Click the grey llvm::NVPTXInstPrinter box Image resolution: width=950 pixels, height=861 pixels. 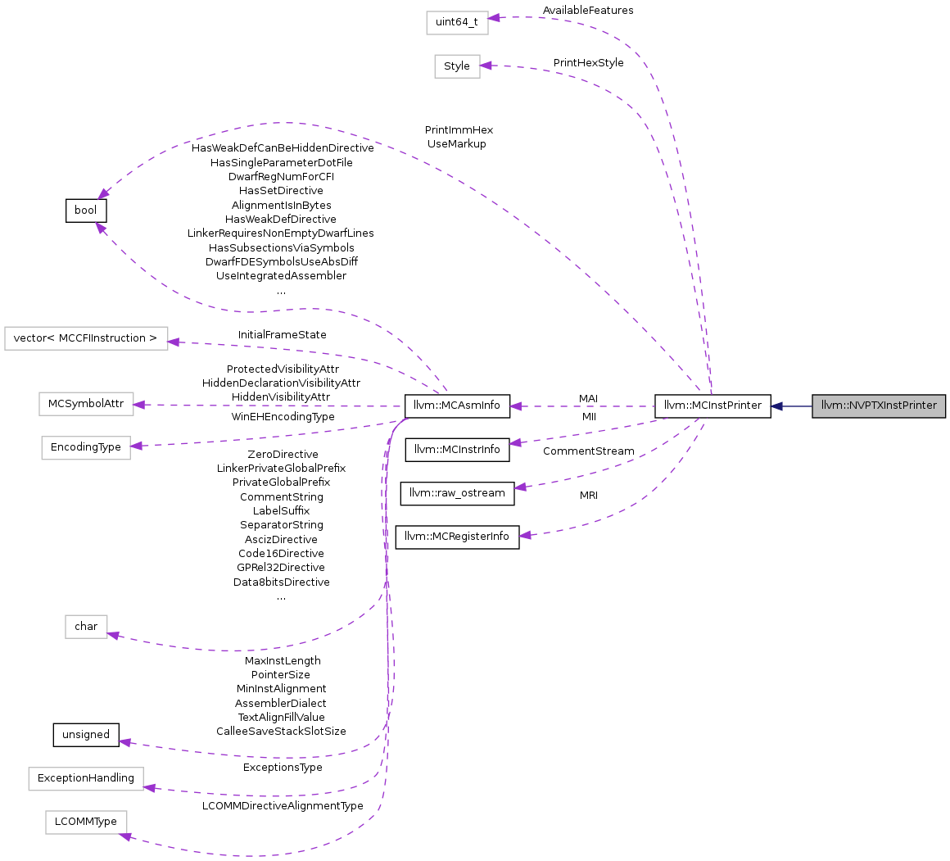[x=879, y=406]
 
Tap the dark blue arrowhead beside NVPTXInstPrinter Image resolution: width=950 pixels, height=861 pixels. [x=776, y=406]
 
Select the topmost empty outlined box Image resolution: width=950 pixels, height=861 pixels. [x=457, y=23]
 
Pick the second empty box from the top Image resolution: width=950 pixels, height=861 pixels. [x=457, y=66]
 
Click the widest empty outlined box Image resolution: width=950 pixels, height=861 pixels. [x=86, y=338]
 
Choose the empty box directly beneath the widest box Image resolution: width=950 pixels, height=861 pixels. [x=86, y=404]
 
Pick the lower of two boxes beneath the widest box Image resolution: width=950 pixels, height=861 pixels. [x=86, y=448]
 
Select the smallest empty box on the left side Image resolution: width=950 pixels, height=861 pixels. [x=86, y=627]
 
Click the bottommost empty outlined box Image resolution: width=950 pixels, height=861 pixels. [x=86, y=822]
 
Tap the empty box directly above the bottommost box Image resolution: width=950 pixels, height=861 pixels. [x=86, y=779]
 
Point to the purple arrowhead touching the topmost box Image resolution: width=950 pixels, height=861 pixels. [x=495, y=17]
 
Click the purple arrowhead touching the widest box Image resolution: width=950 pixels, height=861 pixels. [x=174, y=342]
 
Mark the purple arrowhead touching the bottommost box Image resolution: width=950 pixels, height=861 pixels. [x=125, y=836]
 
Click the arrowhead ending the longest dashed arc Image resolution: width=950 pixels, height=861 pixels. [x=102, y=193]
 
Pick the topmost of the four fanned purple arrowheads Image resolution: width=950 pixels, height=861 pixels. [x=514, y=406]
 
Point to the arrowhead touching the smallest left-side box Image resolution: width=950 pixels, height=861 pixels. [x=114, y=635]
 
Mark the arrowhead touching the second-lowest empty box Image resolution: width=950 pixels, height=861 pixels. [x=149, y=787]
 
